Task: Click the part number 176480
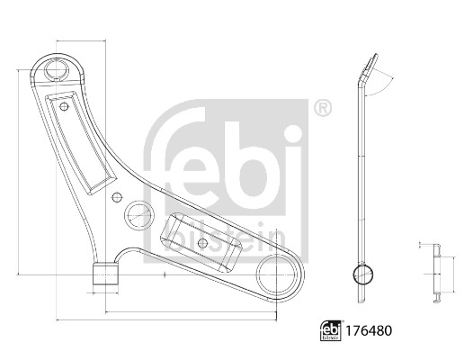(369, 330)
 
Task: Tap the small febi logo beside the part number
(331, 330)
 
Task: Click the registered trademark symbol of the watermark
(323, 108)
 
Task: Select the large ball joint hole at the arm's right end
(276, 274)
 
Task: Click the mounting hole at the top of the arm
(57, 70)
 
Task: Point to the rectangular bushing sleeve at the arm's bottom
(105, 274)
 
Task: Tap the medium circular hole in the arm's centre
(138, 215)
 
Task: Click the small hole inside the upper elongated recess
(64, 106)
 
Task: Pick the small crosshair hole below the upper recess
(116, 197)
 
